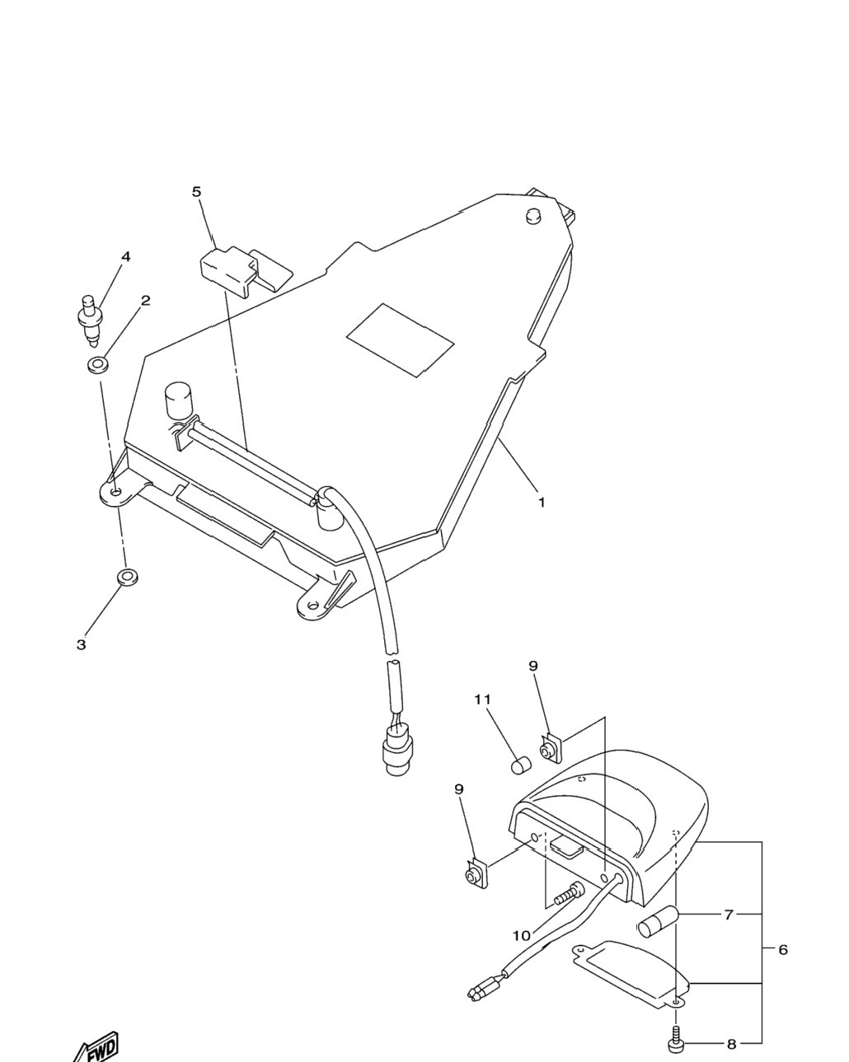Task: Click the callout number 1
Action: (x=542, y=503)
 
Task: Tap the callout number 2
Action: (x=145, y=301)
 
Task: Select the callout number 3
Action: (x=81, y=644)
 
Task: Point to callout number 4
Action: (x=126, y=256)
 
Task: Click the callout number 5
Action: (x=196, y=191)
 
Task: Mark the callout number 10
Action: (x=521, y=936)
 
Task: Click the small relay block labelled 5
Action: (x=246, y=270)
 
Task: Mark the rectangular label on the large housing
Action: (x=400, y=340)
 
